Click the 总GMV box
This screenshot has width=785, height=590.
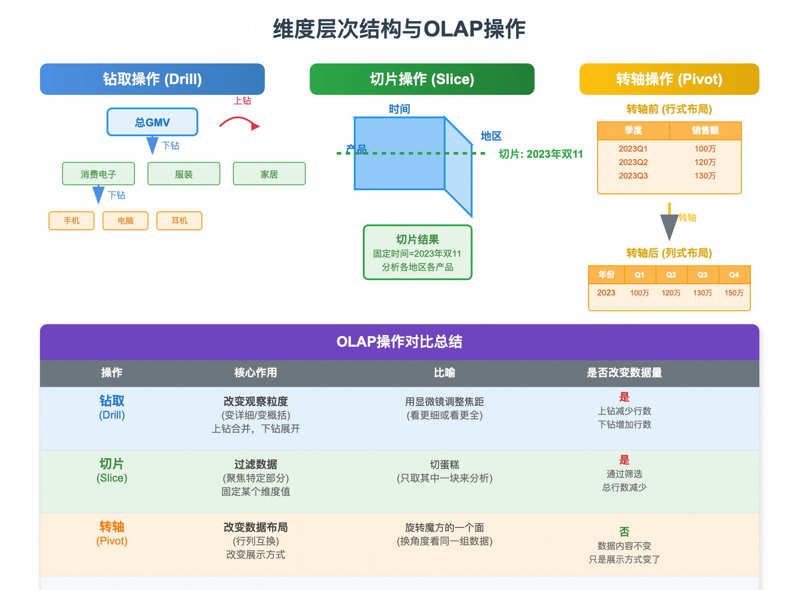coord(152,122)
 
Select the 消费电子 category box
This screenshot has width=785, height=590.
coord(98,174)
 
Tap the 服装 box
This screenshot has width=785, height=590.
coord(184,174)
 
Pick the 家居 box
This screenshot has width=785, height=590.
coord(269,174)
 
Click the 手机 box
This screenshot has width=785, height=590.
coord(71,221)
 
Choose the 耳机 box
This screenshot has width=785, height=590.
coord(179,221)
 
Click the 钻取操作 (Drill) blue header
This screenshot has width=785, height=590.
coord(152,79)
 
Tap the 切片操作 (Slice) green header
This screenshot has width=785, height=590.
coord(422,79)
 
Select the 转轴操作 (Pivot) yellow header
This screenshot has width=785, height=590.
coord(669,79)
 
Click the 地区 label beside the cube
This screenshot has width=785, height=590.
coord(491,136)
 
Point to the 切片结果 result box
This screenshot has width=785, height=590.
coord(418,252)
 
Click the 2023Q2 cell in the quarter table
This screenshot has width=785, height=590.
coord(633,162)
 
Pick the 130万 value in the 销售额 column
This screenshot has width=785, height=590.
coord(705,176)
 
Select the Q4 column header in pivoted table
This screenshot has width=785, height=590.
coord(734,275)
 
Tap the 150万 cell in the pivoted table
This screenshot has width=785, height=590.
coord(734,293)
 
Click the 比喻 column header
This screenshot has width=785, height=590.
coord(444,373)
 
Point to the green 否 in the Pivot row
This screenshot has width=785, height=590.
coord(624,532)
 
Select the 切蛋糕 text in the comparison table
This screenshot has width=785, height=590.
coord(444,465)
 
